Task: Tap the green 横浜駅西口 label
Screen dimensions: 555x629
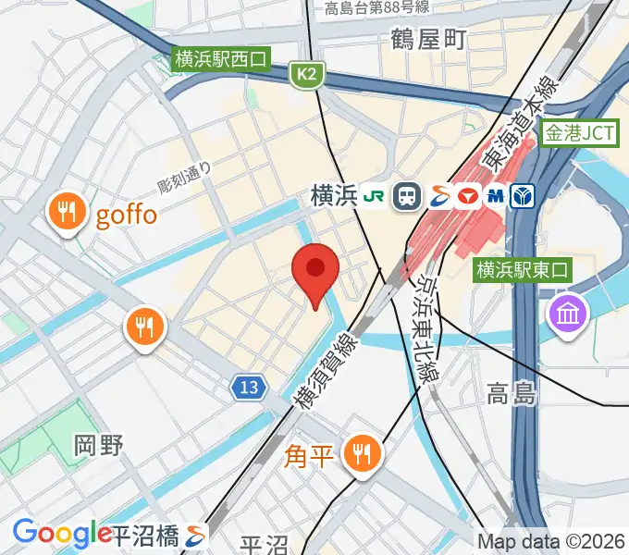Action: (x=220, y=60)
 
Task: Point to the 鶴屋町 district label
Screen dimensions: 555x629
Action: (x=428, y=39)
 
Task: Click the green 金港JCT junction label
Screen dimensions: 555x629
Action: (x=579, y=133)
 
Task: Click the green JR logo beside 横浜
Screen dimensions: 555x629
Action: (x=375, y=196)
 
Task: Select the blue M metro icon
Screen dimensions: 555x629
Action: (x=496, y=196)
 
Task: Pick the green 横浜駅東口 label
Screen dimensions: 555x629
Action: (x=524, y=270)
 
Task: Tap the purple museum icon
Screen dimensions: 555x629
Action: (x=567, y=313)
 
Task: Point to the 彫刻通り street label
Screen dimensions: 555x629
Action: (x=185, y=177)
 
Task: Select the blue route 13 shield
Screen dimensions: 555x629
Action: (x=248, y=388)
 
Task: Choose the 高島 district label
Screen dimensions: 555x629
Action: (x=512, y=396)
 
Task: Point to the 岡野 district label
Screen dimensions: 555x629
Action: (x=98, y=445)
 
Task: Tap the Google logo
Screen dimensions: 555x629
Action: (x=62, y=533)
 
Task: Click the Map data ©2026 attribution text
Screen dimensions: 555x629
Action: (x=550, y=540)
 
